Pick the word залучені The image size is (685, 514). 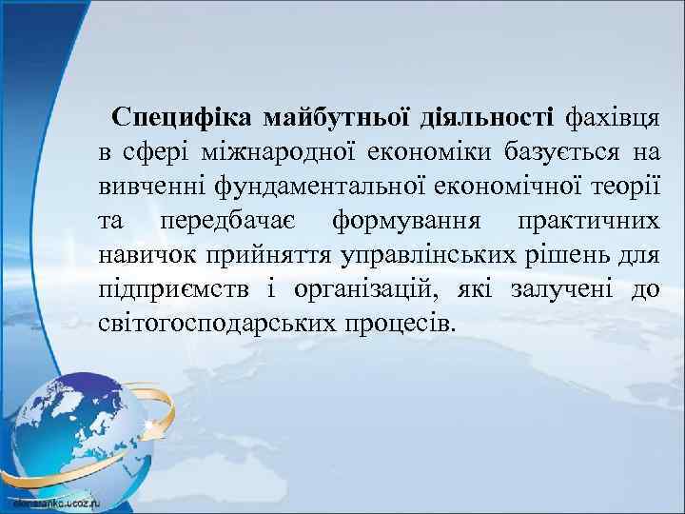[x=545, y=288]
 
